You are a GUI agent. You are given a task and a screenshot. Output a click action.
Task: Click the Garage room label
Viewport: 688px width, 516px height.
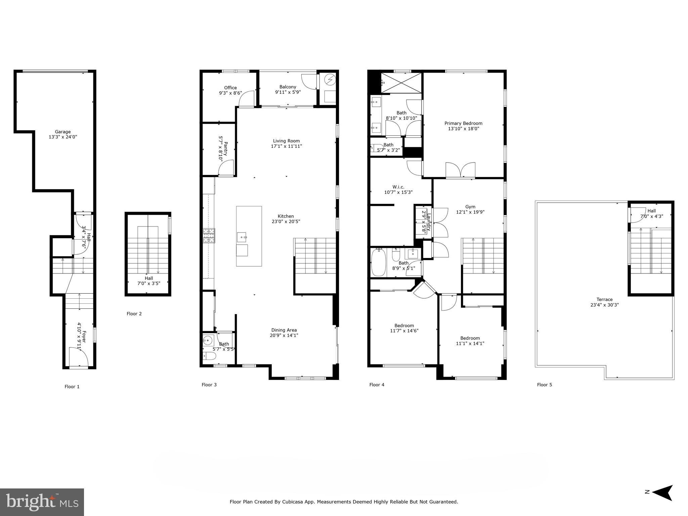pos(63,132)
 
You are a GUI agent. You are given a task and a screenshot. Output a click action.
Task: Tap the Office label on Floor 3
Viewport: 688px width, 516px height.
pos(230,88)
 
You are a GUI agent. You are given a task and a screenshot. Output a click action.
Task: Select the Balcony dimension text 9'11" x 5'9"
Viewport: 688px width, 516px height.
pos(288,92)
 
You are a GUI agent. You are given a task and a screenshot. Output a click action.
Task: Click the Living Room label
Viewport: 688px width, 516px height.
pos(286,141)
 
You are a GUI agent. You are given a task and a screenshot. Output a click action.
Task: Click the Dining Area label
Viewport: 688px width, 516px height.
pos(284,330)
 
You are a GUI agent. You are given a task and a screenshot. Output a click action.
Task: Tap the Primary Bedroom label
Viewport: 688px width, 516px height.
pos(463,123)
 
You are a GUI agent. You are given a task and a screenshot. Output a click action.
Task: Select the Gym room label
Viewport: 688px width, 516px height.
pos(470,207)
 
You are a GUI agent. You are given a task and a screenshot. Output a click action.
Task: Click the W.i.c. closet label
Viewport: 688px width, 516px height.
pos(398,187)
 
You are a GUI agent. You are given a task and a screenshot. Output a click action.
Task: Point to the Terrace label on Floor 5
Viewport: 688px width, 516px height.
pos(604,299)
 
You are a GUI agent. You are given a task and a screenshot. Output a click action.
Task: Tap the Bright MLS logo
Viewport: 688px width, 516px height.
pos(42,502)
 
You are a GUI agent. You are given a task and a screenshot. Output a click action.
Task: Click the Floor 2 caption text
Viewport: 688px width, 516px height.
pos(134,314)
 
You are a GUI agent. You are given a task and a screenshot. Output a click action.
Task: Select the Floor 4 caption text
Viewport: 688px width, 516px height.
pos(377,385)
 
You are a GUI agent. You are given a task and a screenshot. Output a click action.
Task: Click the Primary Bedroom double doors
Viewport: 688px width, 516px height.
pos(461,170)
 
